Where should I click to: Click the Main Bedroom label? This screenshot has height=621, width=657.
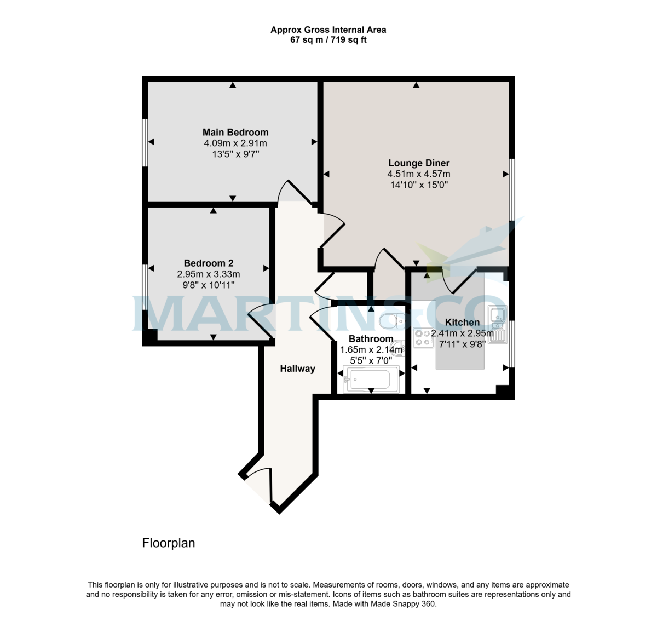click(235, 132)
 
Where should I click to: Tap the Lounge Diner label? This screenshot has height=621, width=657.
click(419, 163)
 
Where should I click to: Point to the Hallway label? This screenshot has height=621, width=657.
click(297, 369)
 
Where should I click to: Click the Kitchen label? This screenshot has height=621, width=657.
click(462, 323)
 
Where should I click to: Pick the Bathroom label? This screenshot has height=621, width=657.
click(371, 338)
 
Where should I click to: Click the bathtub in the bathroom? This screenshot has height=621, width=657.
click(371, 380)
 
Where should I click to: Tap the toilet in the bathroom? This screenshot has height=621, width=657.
click(393, 321)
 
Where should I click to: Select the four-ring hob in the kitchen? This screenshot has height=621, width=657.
click(423, 337)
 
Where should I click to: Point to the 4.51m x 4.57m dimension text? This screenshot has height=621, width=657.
click(419, 174)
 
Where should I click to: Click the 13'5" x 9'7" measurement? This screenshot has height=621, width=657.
click(235, 154)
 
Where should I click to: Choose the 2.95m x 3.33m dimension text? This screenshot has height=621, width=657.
click(209, 274)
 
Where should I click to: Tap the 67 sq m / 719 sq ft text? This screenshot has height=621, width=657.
click(328, 40)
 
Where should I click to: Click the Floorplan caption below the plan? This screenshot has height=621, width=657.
click(169, 543)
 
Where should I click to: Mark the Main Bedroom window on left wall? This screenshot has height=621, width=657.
click(145, 142)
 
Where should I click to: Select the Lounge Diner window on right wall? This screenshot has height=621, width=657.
click(512, 189)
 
